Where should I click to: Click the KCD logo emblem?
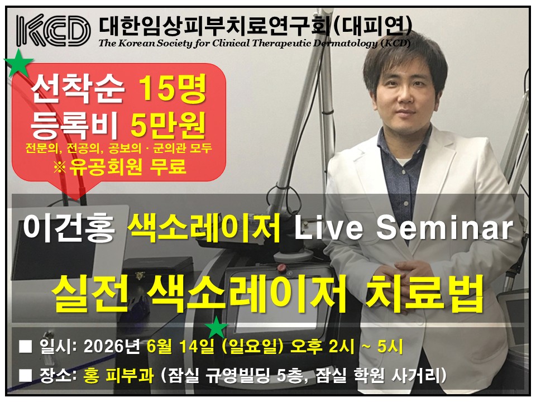(53, 30)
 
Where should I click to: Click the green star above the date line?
(217, 327)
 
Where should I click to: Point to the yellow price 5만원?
(168, 124)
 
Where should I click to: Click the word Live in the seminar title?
(328, 228)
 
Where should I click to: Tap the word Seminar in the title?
(444, 228)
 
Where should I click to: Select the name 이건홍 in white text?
(69, 228)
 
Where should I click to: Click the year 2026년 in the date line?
(112, 347)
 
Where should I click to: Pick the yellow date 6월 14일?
(180, 347)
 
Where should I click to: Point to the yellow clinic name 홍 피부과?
(118, 376)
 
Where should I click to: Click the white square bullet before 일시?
(26, 346)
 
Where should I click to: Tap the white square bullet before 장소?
(26, 375)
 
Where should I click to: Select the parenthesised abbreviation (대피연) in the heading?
(372, 26)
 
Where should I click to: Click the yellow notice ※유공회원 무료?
(120, 167)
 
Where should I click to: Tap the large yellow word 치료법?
(424, 295)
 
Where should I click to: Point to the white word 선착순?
(78, 88)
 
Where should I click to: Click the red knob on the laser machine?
(282, 267)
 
